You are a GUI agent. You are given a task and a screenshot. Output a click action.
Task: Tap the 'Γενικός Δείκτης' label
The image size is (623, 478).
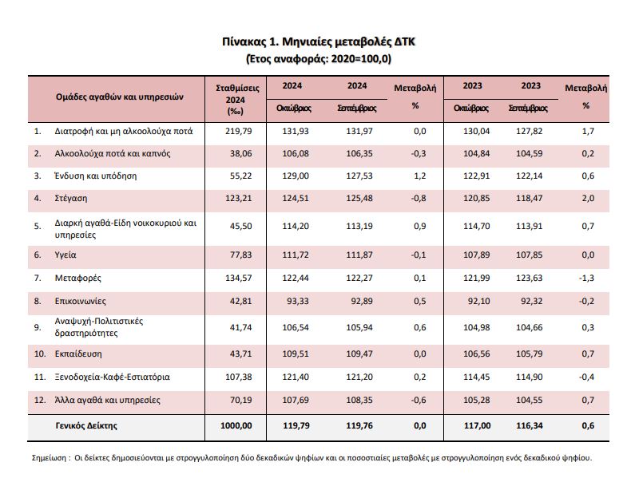tap(86, 425)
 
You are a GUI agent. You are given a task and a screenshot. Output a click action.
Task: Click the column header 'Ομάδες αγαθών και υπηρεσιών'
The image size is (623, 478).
tap(120, 96)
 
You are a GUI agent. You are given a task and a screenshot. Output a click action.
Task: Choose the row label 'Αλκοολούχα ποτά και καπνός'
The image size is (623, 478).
tap(113, 152)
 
